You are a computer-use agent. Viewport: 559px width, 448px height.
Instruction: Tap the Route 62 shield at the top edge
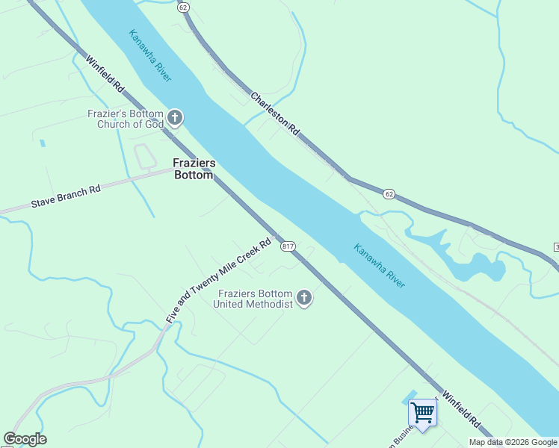(x=184, y=7)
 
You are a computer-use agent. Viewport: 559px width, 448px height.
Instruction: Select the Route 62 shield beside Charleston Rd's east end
(x=389, y=194)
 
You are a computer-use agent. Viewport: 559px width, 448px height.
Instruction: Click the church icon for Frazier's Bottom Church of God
(x=175, y=117)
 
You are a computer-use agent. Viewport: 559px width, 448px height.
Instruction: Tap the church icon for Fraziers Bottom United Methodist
(x=304, y=298)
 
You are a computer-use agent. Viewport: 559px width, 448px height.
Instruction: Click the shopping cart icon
(x=423, y=413)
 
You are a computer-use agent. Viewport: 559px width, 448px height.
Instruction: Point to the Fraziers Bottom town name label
(x=193, y=169)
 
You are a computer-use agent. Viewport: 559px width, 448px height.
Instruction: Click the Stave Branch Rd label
(x=65, y=197)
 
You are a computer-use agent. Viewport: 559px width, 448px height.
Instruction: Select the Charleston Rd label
(x=275, y=113)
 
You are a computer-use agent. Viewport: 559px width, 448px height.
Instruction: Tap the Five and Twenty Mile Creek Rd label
(x=218, y=281)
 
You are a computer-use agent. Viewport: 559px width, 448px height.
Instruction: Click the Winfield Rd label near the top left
(x=105, y=75)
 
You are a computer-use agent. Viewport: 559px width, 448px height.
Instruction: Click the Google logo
(x=25, y=439)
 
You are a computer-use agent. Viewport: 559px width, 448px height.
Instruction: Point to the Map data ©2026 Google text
(x=513, y=442)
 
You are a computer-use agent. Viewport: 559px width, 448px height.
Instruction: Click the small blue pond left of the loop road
(x=43, y=143)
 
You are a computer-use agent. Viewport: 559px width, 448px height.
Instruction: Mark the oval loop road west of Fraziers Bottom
(x=143, y=157)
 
